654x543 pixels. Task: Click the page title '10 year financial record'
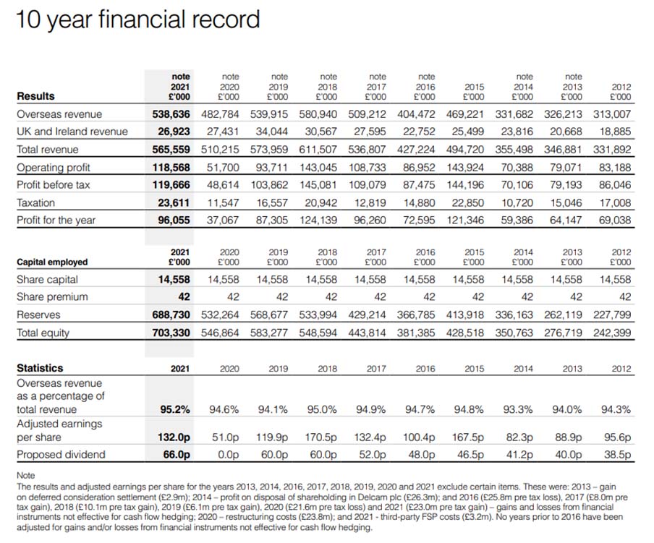[137, 20]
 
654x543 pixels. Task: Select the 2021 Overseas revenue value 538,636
[171, 114]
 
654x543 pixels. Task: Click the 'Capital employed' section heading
[52, 262]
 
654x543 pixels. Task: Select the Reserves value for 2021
[171, 315]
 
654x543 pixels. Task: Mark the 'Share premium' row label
[52, 297]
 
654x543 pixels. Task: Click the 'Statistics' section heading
[40, 368]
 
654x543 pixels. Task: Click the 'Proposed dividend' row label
[61, 455]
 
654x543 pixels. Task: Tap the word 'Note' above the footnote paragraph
[25, 476]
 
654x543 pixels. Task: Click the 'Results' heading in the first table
[35, 96]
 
